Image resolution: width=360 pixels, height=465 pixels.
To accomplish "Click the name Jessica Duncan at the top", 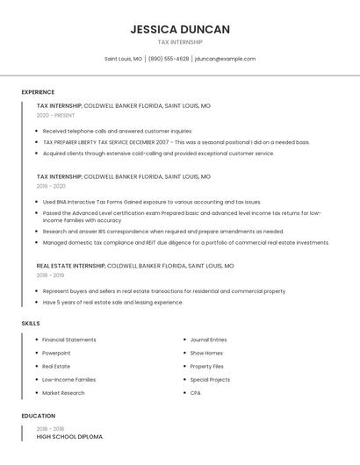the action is point(180,29).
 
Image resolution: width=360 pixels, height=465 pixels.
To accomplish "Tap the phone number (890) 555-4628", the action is point(169,59).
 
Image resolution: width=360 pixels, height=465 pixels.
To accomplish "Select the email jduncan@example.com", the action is point(225,59).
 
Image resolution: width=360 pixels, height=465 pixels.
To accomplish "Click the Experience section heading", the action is point(38,92).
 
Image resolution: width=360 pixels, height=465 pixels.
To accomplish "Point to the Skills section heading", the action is point(31,324).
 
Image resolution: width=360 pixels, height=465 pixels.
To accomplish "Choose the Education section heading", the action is point(38,416).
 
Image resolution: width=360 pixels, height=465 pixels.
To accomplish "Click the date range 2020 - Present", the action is point(56,115).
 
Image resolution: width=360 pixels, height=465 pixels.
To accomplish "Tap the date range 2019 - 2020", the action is point(51,186).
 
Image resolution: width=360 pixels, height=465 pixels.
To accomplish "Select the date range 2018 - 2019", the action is point(51,275).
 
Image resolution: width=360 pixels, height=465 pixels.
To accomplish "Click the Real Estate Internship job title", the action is point(70,265).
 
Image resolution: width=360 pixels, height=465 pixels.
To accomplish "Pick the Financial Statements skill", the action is point(69,340).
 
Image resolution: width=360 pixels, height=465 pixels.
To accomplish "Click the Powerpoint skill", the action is point(56,353).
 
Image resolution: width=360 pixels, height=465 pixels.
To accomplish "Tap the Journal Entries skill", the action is point(208,340).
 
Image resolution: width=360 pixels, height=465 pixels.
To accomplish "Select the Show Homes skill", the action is point(206,353).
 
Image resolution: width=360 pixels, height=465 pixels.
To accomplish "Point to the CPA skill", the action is point(195,393).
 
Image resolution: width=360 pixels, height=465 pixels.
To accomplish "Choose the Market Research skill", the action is point(63,393).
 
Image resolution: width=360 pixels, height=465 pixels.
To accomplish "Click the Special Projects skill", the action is point(210,380).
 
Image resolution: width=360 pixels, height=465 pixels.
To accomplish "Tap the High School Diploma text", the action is point(69,436).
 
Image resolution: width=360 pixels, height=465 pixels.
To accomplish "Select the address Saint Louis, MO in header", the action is point(123,59).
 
